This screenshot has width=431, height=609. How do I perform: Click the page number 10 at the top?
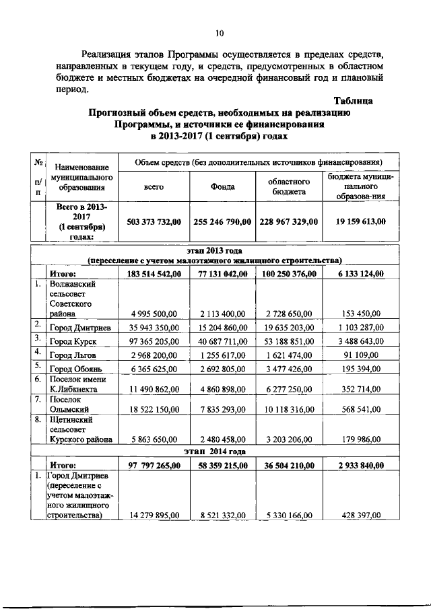click(x=219, y=33)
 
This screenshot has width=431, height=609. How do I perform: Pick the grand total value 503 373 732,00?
click(x=154, y=221)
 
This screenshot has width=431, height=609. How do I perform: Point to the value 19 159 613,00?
click(x=357, y=221)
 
